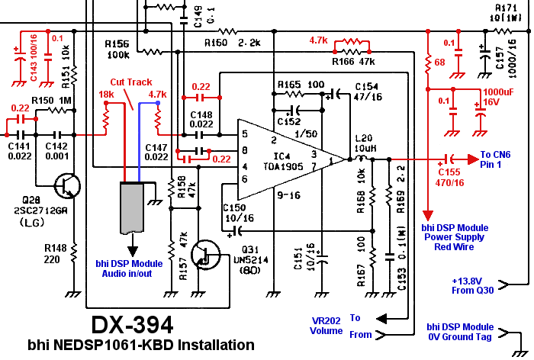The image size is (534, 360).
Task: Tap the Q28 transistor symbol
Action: point(68,185)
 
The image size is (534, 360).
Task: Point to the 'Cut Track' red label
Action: point(132,82)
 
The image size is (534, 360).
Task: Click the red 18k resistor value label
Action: point(106,95)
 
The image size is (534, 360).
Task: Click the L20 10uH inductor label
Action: point(365,141)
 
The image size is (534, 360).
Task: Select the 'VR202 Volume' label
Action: point(326,326)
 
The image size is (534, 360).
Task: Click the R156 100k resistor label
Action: point(118,50)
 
